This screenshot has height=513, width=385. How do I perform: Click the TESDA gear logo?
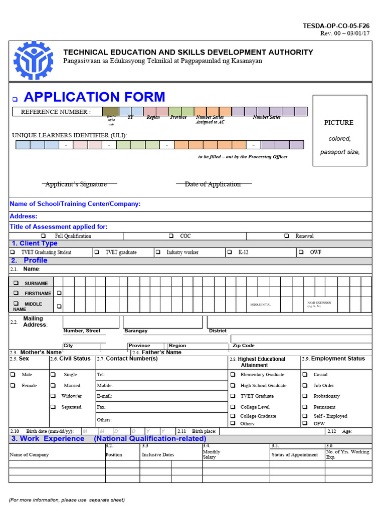click(33, 61)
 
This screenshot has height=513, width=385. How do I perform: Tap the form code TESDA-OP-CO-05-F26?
click(336, 26)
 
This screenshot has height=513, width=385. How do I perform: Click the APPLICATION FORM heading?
click(94, 97)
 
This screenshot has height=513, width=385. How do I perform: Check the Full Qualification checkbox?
click(43, 236)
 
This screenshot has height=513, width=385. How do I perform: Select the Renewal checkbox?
click(287, 236)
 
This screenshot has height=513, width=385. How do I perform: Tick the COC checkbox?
click(171, 236)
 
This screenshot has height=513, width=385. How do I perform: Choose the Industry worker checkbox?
click(157, 252)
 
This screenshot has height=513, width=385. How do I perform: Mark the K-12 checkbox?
click(229, 252)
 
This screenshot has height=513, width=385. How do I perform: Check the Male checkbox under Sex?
click(13, 375)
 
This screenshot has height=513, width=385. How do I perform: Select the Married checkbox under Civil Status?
click(53, 386)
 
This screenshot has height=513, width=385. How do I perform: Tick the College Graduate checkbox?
click(233, 416)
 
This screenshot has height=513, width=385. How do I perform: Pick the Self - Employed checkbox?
click(304, 416)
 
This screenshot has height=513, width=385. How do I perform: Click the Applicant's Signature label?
click(76, 184)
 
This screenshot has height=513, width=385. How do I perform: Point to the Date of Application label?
click(213, 184)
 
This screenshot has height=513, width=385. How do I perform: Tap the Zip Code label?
click(244, 346)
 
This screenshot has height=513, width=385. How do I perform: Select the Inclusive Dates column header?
click(157, 455)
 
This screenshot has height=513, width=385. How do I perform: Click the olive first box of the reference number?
click(110, 112)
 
